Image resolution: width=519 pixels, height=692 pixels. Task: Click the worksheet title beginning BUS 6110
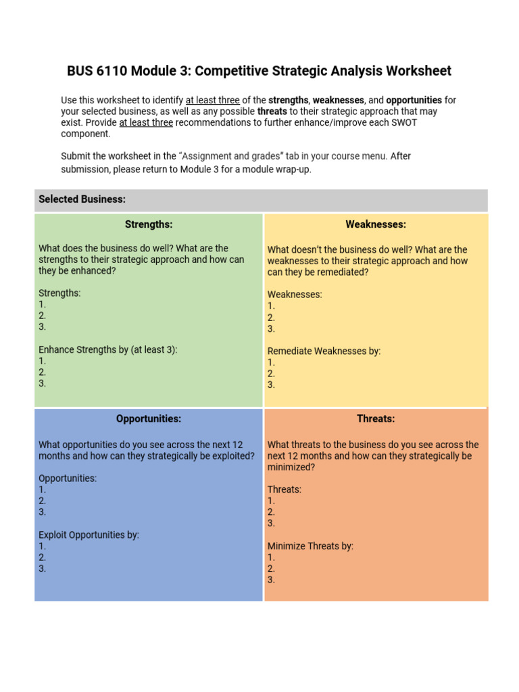(259, 71)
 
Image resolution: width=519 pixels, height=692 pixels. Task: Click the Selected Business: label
(82, 199)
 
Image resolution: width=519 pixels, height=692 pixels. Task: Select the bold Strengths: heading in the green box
(149, 224)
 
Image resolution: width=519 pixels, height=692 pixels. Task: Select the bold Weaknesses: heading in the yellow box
(376, 224)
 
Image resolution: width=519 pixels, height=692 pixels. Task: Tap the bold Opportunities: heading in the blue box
(149, 419)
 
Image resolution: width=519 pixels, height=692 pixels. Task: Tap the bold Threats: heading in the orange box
(376, 419)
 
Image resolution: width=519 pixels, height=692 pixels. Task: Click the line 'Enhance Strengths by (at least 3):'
(108, 350)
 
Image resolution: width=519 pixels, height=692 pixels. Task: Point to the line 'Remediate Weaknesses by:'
(324, 351)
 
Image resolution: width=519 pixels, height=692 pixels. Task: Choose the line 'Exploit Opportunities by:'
(89, 535)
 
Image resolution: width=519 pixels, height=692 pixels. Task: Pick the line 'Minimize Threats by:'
(310, 546)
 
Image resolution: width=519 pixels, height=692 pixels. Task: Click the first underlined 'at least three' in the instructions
(212, 100)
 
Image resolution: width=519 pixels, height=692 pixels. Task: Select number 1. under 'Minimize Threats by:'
(271, 558)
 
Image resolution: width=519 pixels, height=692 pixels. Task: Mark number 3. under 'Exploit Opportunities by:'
(43, 569)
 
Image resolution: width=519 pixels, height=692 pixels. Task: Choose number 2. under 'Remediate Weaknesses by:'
(271, 374)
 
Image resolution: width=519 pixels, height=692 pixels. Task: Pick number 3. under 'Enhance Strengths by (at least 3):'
(43, 384)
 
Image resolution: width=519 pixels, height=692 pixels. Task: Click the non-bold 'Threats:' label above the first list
(285, 489)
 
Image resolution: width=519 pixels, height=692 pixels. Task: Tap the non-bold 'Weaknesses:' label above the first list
(295, 295)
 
